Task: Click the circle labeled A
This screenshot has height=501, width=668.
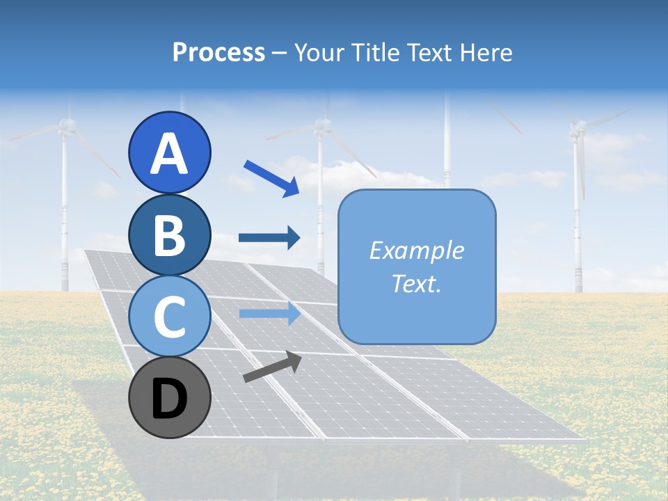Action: tap(170, 153)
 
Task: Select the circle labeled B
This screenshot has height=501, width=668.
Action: tap(170, 234)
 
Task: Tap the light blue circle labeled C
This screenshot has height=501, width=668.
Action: tap(170, 316)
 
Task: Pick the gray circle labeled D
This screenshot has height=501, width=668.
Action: tap(170, 397)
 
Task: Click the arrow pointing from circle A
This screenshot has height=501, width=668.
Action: tap(271, 177)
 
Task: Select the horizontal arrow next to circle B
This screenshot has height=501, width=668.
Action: tap(269, 238)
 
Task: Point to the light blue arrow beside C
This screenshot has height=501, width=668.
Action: tap(269, 314)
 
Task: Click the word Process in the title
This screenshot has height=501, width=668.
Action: tap(219, 53)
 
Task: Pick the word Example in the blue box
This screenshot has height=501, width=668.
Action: tap(417, 250)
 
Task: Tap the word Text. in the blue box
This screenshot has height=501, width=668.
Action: tap(417, 283)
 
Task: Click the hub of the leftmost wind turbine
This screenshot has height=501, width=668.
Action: tap(66, 126)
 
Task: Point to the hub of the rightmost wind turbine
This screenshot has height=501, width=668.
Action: tap(577, 128)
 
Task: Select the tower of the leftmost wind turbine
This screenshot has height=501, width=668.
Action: tap(65, 223)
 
